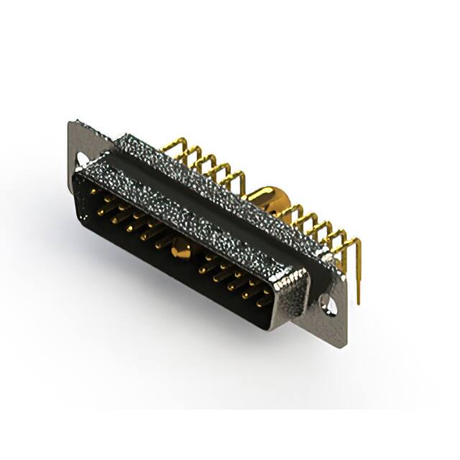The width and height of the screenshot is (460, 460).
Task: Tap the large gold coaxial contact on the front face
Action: [181, 250]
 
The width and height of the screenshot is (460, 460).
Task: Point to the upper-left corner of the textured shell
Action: [80, 172]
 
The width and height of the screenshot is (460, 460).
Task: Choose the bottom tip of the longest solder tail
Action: [358, 302]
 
